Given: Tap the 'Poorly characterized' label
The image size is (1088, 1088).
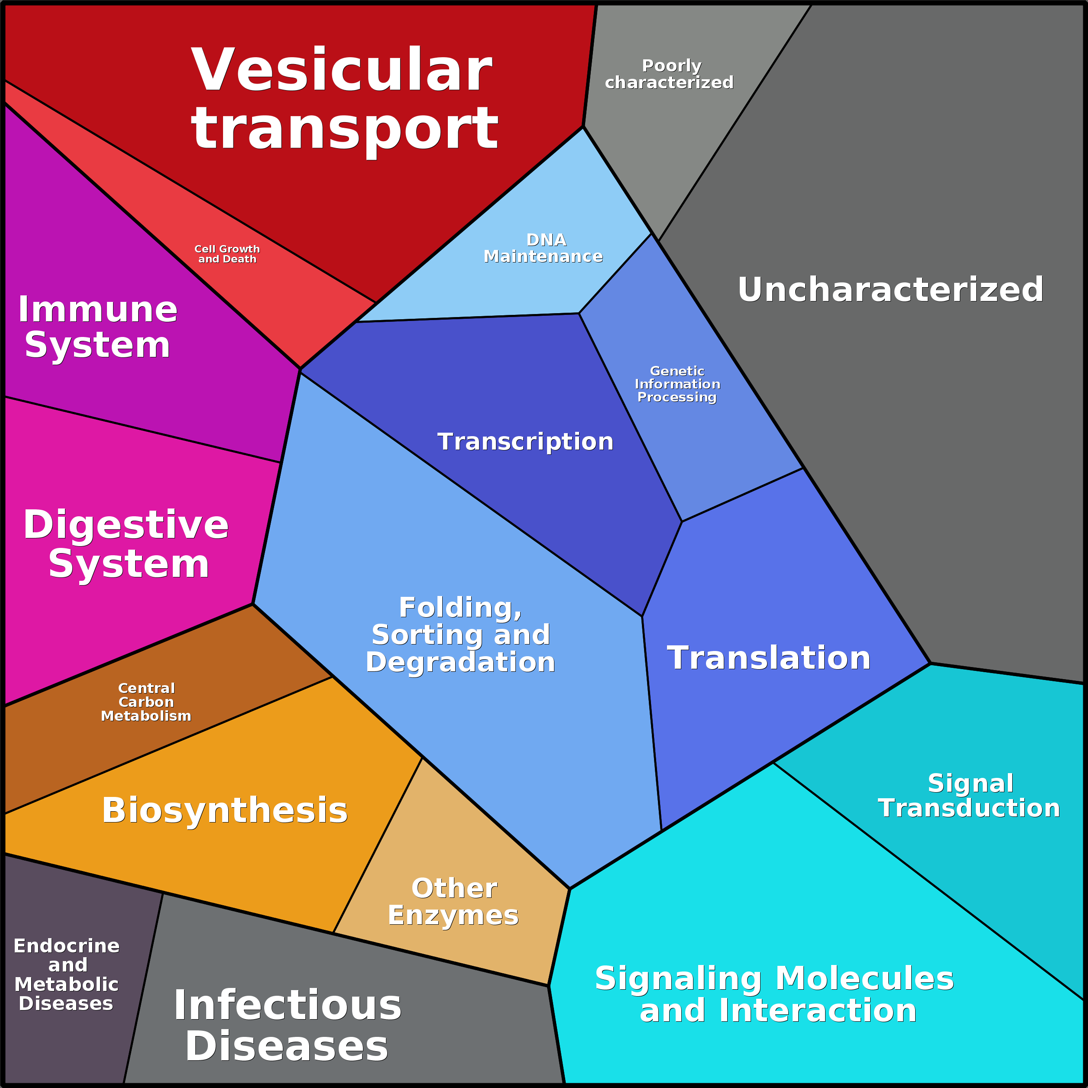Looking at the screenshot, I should [x=669, y=74].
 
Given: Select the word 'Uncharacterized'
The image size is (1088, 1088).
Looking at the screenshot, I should [x=890, y=289].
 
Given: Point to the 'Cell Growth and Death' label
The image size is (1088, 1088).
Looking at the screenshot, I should [x=227, y=254].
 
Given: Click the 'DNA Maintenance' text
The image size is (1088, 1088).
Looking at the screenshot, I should [x=544, y=248].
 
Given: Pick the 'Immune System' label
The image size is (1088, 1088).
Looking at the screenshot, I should [x=97, y=327].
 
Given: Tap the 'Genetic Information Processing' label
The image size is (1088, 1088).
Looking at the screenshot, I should [x=677, y=384].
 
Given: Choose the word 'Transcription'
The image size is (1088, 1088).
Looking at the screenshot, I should [x=525, y=441].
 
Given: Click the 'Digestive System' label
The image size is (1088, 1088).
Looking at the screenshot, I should [x=126, y=544].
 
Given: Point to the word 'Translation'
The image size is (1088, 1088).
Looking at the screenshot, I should [x=769, y=658].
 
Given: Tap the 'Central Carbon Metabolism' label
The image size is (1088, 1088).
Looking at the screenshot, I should [x=146, y=702].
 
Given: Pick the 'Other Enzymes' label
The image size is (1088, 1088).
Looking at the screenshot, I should [x=453, y=902].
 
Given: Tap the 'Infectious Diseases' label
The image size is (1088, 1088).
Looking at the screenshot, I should [x=287, y=1026].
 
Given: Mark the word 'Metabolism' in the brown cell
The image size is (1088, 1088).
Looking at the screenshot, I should [x=146, y=716].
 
